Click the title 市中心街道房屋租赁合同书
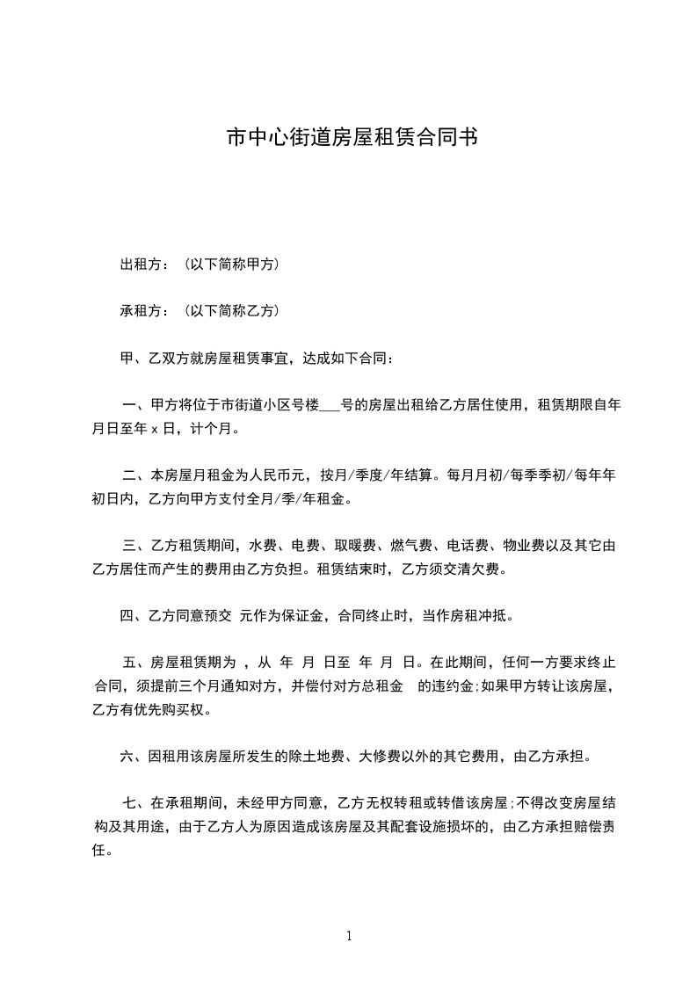pos(352,138)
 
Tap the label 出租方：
pos(145,264)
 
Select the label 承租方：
pos(145,310)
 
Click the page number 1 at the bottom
pos(349,936)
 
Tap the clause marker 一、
pos(135,406)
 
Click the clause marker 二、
pos(135,476)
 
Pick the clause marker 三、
pos(135,546)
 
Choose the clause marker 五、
pos(135,662)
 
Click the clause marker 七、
pos(135,802)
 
